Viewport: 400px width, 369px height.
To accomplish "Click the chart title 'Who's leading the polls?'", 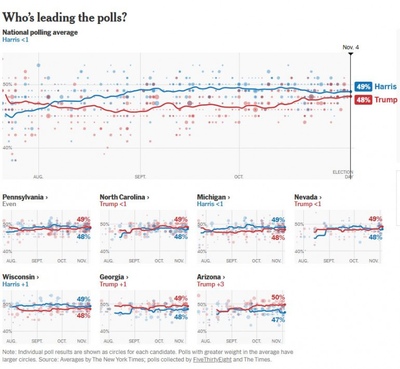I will pyautogui.click(x=65, y=17).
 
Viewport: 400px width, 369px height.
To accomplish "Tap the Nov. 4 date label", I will pyautogui.click(x=351, y=47).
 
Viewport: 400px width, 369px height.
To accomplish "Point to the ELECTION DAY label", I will pyautogui.click(x=342, y=174).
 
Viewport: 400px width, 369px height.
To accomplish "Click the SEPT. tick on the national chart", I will pyautogui.click(x=140, y=177).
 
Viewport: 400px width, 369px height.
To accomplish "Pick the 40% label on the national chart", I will pyautogui.click(x=8, y=148).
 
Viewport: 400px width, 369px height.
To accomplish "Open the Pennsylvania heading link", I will pyautogui.click(x=25, y=197).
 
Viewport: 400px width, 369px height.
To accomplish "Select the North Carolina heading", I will pyautogui.click(x=124, y=197).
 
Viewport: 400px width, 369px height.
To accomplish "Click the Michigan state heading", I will pyautogui.click(x=213, y=197).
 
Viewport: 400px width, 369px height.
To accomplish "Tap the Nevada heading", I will pyautogui.click(x=308, y=197).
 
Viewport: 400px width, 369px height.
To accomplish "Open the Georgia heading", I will pyautogui.click(x=114, y=277).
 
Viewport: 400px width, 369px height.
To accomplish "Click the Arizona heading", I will pyautogui.click(x=211, y=277).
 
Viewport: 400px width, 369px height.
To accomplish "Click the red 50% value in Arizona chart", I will pyautogui.click(x=278, y=297).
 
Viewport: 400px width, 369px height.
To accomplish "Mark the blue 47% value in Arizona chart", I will pyautogui.click(x=278, y=320).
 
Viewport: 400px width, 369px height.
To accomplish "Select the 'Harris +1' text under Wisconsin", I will pyautogui.click(x=16, y=284).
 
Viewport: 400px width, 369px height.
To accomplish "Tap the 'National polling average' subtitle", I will pyautogui.click(x=40, y=32).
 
